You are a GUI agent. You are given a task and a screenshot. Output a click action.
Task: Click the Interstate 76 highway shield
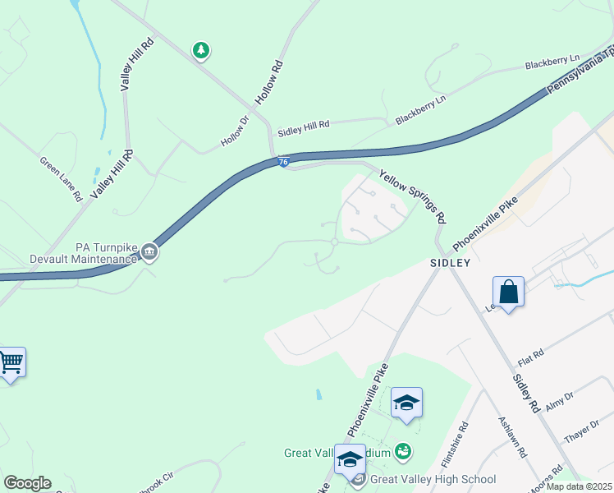click(282, 163)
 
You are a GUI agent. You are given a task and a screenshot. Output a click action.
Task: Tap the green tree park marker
click(200, 51)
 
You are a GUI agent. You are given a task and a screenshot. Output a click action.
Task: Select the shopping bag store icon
click(508, 292)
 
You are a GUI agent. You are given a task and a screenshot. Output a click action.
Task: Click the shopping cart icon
click(10, 362)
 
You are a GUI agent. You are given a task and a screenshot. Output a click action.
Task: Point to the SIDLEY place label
click(450, 263)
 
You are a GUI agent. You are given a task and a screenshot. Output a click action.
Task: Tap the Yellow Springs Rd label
click(412, 196)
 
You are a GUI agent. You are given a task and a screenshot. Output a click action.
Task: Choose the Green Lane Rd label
click(61, 179)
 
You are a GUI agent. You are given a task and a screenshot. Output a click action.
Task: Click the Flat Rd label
click(531, 358)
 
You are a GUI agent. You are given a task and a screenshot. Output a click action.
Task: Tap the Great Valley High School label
click(433, 480)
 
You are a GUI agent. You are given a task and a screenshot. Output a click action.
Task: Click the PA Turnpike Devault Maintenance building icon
click(149, 252)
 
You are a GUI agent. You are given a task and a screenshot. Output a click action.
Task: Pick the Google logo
click(26, 483)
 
